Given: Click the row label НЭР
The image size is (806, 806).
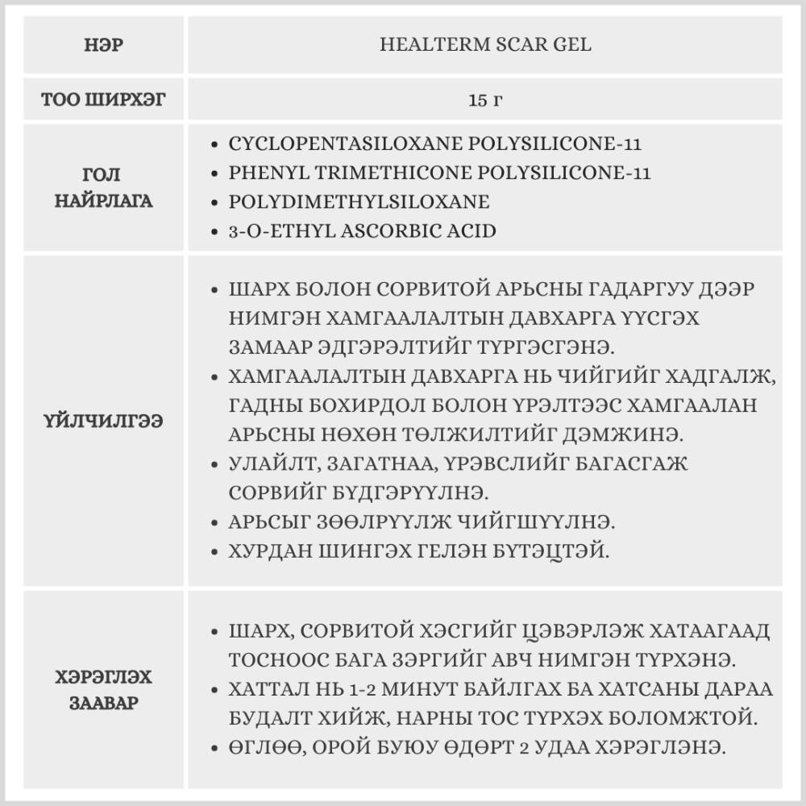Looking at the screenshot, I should [103, 45].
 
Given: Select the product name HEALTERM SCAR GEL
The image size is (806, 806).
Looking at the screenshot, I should [485, 45].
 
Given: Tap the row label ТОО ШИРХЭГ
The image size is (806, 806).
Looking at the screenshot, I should [103, 100].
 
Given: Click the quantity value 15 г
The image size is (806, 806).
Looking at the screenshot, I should [485, 100].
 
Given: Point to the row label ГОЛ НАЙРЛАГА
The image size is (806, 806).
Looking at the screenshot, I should [103, 188].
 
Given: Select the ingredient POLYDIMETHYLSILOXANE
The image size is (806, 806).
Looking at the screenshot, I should [359, 202].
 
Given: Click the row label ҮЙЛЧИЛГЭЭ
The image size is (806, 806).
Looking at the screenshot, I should [103, 421].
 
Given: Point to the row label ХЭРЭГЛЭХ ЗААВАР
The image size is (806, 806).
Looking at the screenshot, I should [103, 689].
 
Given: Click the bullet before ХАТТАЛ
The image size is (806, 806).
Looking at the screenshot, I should [213, 690].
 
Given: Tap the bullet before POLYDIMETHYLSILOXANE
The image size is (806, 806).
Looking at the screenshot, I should [213, 202].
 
